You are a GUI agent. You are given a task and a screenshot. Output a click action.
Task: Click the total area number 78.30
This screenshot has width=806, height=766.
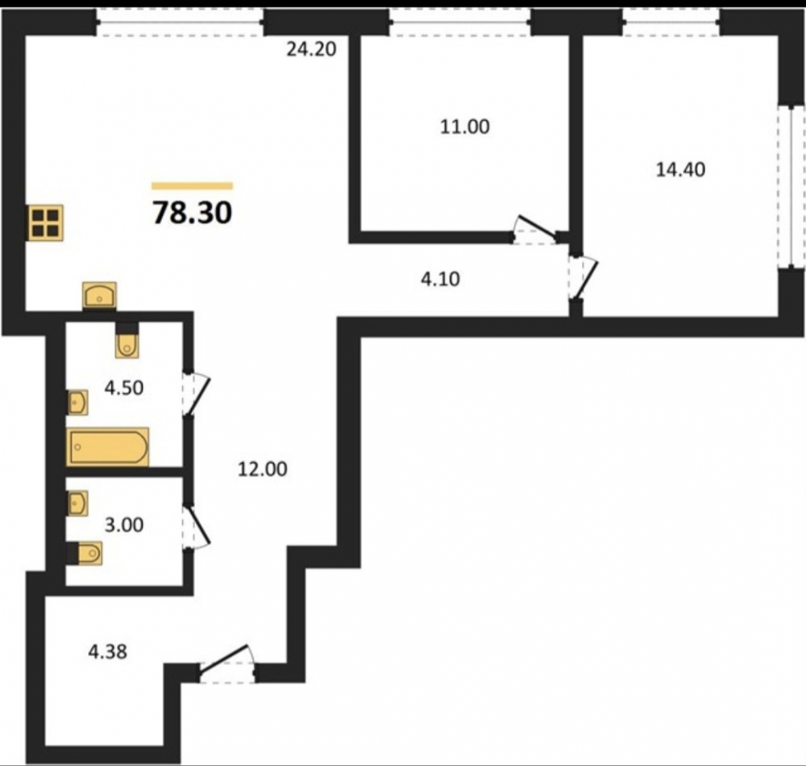coord(193,212)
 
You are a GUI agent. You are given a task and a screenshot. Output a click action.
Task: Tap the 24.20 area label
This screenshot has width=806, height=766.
coord(311,49)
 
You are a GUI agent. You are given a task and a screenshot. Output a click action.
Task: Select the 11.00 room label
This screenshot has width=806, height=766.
coord(465,127)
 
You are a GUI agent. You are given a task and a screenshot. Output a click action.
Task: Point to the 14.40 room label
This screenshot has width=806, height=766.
coord(680,169)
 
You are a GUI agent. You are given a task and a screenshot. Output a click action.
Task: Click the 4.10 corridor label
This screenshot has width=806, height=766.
coord(441,279)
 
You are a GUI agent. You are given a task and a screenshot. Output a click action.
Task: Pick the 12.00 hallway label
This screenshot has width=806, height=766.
coord(262,468)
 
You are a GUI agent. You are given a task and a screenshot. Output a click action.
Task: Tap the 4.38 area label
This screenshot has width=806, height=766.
coord(108,652)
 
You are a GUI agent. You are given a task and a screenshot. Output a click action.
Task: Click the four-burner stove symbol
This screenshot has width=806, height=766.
coord(46,223)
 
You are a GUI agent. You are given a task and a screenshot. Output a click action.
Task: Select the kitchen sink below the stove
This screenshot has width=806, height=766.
coord(100,296)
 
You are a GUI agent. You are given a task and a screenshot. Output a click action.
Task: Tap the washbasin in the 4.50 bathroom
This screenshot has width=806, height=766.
coord(77,402)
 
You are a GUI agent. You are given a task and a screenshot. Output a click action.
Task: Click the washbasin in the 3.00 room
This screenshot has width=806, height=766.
coord(77,503)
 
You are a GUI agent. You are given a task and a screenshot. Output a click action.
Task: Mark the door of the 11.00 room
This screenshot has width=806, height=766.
coord(536,230)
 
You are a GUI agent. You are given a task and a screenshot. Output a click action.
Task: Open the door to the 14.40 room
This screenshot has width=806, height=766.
coord(584,277)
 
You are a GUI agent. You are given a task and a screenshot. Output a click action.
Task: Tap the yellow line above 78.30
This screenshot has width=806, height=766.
coord(193,186)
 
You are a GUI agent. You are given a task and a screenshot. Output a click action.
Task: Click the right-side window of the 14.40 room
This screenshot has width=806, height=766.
coord(791,187)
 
